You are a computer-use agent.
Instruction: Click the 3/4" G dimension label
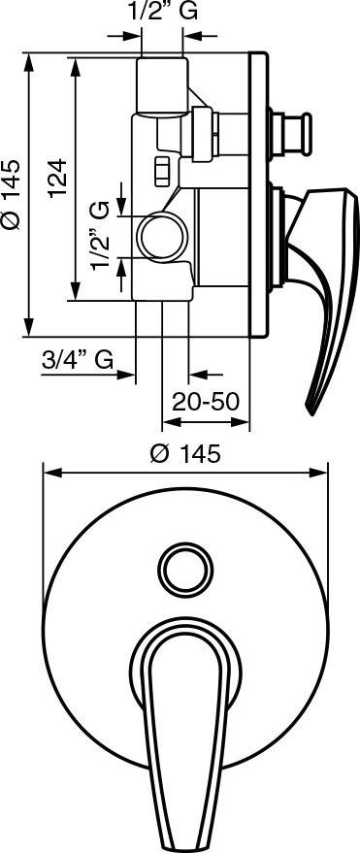[78, 359]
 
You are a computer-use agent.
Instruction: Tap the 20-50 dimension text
[206, 402]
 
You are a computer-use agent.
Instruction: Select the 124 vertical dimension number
[56, 178]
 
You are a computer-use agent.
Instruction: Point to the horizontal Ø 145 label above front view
[185, 453]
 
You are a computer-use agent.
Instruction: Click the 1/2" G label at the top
[162, 12]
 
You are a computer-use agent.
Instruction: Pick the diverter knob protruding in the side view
[292, 133]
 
